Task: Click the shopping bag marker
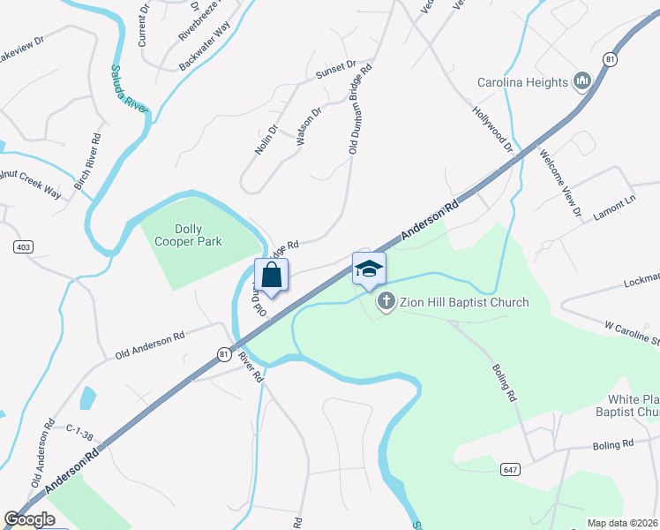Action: (x=271, y=275)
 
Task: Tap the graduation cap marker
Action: (x=369, y=269)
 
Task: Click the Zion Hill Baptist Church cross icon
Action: (x=386, y=302)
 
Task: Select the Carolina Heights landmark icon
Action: (x=581, y=82)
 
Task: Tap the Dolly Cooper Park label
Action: (x=188, y=234)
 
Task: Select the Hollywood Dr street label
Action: (x=492, y=128)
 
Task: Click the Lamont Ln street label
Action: (x=614, y=205)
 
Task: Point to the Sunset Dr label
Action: (x=336, y=66)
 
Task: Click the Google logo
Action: (x=30, y=519)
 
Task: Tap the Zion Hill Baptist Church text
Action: (x=464, y=302)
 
